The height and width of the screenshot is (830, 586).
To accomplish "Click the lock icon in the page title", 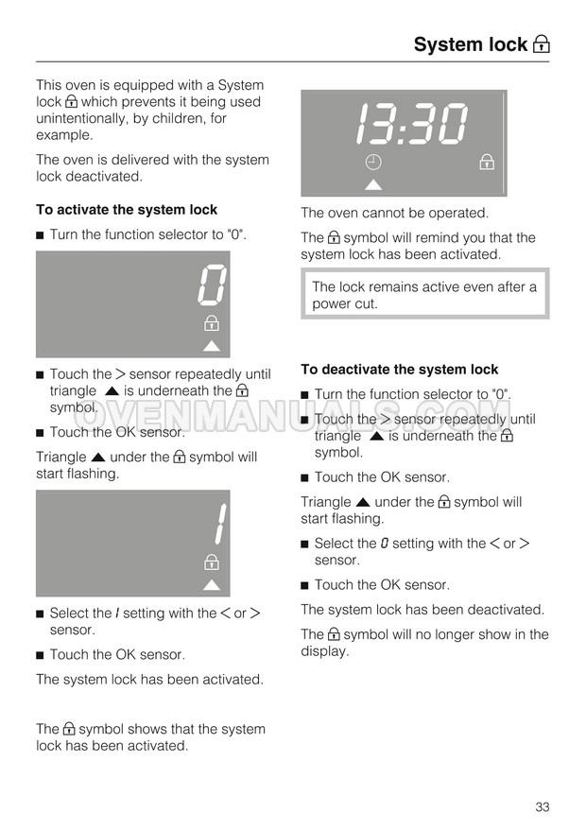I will click(541, 44).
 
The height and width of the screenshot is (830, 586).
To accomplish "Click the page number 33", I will click(542, 806).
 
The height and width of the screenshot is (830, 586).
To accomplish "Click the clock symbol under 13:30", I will click(373, 163).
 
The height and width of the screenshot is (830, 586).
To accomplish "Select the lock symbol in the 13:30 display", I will click(486, 163).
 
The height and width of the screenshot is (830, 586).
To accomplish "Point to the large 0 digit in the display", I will click(213, 284).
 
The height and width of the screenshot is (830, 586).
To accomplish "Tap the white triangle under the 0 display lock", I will click(212, 345).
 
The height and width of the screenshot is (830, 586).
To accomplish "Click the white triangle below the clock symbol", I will click(373, 183).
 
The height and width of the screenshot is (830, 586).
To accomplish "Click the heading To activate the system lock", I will click(127, 210).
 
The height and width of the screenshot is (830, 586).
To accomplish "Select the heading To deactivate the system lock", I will click(399, 370).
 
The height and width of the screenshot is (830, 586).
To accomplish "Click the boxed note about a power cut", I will click(424, 295).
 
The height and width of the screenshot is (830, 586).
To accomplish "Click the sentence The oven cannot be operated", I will click(394, 213).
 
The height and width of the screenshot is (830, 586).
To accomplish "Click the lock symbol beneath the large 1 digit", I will click(212, 563).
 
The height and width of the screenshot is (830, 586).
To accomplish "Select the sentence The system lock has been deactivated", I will click(422, 610).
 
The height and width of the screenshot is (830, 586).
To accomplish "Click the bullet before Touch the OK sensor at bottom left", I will click(41, 655).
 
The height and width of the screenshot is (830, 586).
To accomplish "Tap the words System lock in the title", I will click(470, 44).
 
